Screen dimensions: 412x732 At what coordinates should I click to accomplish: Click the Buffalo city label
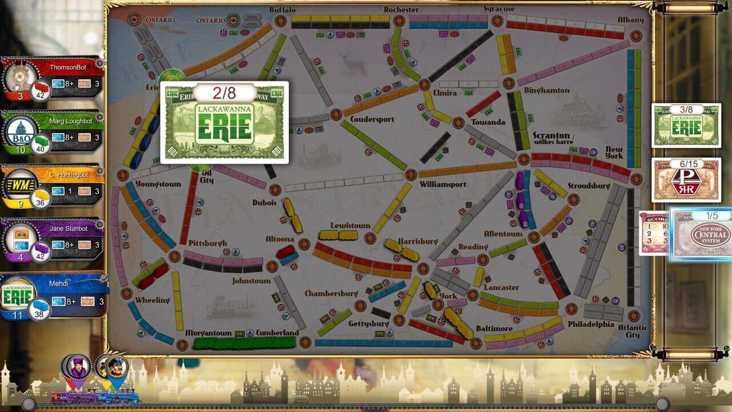pyautogui.click(x=283, y=10)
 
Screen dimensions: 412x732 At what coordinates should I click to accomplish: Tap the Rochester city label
pyautogui.click(x=401, y=10)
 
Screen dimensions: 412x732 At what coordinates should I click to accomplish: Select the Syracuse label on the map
pyautogui.click(x=499, y=9)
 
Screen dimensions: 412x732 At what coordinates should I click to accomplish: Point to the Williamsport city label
pyautogui.click(x=443, y=184)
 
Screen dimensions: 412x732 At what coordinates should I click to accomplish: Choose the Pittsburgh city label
pyautogui.click(x=208, y=243)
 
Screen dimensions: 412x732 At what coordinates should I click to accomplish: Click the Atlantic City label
pyautogui.click(x=632, y=331)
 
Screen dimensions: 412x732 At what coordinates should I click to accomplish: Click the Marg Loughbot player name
pyautogui.click(x=66, y=121)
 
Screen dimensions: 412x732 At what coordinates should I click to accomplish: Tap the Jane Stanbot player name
pyautogui.click(x=68, y=229)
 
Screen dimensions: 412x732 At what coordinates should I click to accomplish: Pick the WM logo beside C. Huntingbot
pyautogui.click(x=21, y=184)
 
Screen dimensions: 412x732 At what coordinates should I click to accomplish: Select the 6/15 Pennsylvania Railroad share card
pyautogui.click(x=686, y=180)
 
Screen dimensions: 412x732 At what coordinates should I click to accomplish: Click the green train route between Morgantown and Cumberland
pyautogui.click(x=244, y=343)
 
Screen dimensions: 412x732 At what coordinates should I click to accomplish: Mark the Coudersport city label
pyautogui.click(x=372, y=119)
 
